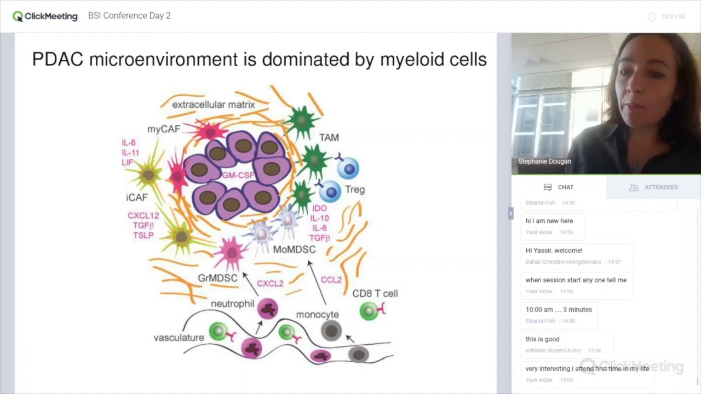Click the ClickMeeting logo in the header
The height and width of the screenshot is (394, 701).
click(45, 16)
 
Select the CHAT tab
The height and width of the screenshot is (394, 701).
click(559, 187)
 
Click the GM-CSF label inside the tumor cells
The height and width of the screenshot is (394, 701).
click(238, 176)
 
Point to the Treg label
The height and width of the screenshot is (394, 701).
click(355, 189)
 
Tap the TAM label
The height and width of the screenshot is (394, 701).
click(329, 138)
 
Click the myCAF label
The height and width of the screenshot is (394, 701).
click(163, 129)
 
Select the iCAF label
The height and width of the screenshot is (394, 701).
click(136, 198)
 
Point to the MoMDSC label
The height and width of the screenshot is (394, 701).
click(294, 250)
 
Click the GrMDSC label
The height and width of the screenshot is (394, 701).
click(217, 278)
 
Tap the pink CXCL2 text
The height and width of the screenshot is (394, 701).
click(270, 283)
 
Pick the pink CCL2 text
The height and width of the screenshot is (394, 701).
click(331, 280)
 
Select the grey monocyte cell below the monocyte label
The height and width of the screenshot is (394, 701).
click(331, 331)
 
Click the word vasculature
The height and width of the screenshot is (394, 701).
click(179, 338)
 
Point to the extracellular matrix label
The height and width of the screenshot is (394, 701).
click(213, 105)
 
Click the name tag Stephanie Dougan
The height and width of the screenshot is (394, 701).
click(544, 161)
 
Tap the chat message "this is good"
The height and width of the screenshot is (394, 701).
click(542, 339)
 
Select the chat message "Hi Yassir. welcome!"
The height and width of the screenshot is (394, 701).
click(554, 251)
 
